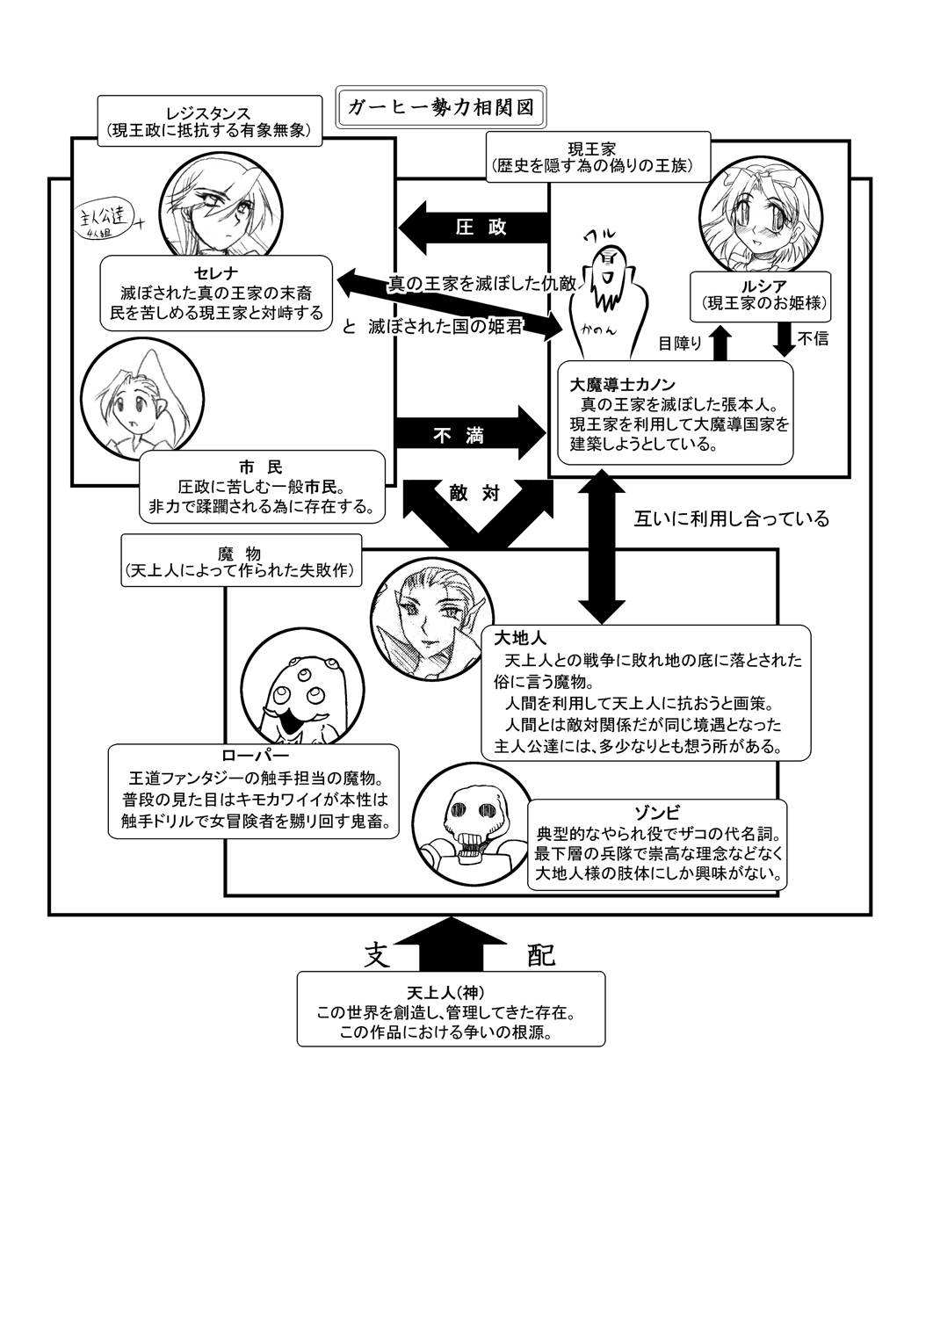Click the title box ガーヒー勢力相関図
tap(441, 107)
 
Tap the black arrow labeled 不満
tap(470, 434)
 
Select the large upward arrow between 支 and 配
tap(452, 945)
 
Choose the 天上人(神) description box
tap(451, 1008)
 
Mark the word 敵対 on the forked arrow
tap(477, 493)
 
